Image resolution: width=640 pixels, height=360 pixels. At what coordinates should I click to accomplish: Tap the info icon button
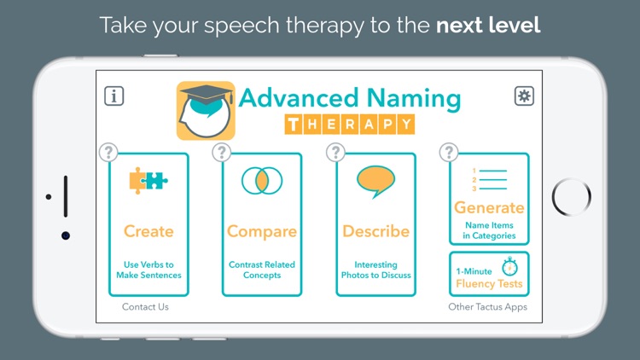pyautogui.click(x=113, y=96)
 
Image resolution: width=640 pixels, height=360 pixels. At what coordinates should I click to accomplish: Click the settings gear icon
pyautogui.click(x=524, y=96)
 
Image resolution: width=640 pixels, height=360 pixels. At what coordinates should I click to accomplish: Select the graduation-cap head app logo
pyautogui.click(x=205, y=110)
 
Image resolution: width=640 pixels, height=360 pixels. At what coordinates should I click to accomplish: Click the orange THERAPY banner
pyautogui.click(x=349, y=125)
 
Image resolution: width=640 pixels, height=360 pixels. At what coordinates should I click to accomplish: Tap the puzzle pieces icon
pyautogui.click(x=148, y=180)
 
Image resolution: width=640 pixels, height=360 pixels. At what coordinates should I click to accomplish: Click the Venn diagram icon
pyautogui.click(x=262, y=180)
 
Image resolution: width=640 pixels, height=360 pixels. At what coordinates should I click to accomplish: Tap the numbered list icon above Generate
pyautogui.click(x=488, y=180)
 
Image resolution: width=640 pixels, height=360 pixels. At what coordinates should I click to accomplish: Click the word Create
pyautogui.click(x=148, y=231)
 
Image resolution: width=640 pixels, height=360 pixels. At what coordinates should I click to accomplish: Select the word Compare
pyautogui.click(x=262, y=231)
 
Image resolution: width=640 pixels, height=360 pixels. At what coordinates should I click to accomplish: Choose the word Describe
pyautogui.click(x=375, y=231)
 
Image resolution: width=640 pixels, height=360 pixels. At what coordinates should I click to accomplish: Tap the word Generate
pyautogui.click(x=489, y=207)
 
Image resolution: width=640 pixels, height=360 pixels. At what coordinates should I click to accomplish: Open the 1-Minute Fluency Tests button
pyautogui.click(x=489, y=275)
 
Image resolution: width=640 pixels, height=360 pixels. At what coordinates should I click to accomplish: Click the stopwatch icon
pyautogui.click(x=511, y=266)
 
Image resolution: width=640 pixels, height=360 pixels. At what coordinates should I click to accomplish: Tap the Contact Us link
pyautogui.click(x=145, y=307)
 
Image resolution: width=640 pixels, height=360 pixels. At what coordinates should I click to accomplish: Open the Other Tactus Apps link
pyautogui.click(x=487, y=307)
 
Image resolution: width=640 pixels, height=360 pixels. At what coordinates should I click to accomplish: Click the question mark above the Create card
pyautogui.click(x=108, y=153)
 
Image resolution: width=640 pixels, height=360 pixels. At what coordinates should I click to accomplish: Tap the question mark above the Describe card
pyautogui.click(x=335, y=153)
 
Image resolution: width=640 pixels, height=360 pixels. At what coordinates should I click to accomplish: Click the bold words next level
pyautogui.click(x=488, y=25)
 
